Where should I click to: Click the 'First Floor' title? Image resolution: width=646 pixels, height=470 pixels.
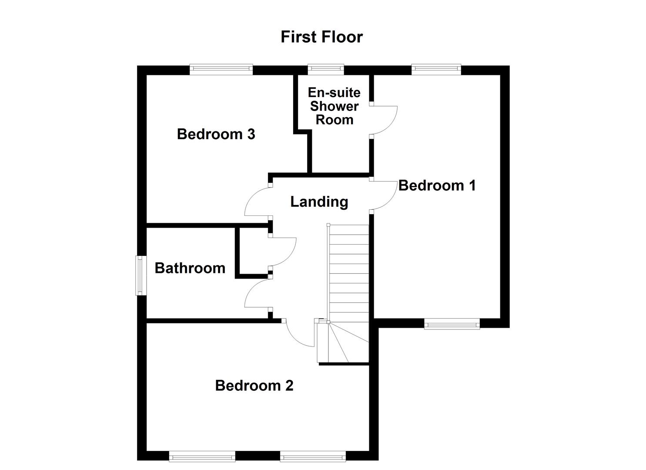pos(321,37)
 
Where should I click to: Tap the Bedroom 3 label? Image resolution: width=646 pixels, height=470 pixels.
pos(216,134)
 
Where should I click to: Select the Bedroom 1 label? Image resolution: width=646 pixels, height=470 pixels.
pos(437,186)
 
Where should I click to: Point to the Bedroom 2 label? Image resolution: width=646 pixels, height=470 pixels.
pos(254,386)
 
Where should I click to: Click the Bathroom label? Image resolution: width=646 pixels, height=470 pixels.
pos(190,268)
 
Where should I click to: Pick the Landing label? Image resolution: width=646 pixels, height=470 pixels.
pos(319,202)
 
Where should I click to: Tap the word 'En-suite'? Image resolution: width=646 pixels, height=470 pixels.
pos(334,92)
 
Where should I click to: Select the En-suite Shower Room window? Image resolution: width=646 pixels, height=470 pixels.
pos(326,69)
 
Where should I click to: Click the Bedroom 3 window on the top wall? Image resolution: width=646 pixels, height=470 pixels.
pos(221,69)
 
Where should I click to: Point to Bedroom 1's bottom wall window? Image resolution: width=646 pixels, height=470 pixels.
pos(452,323)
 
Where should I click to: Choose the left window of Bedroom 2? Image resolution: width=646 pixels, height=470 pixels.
pos(202,457)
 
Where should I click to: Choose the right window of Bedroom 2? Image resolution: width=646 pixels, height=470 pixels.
pos(313,457)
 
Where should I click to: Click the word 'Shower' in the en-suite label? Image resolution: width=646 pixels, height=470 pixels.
pos(334,106)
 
